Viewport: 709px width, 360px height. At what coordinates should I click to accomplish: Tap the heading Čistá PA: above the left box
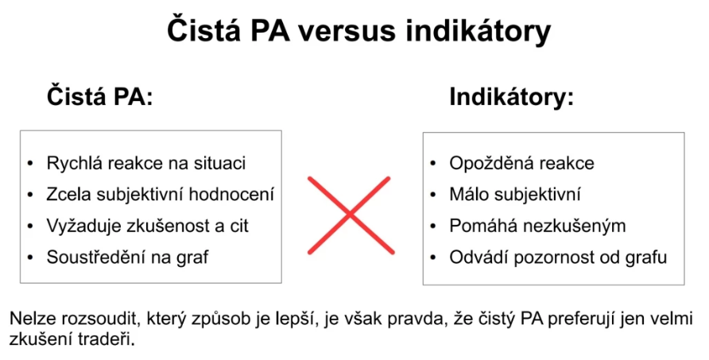(100, 96)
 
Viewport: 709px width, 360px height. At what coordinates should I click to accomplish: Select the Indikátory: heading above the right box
(511, 96)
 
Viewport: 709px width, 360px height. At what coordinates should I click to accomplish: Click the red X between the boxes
(351, 215)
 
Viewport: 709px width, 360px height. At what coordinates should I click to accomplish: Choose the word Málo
(469, 195)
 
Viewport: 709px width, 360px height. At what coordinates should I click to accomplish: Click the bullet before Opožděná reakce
(433, 163)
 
